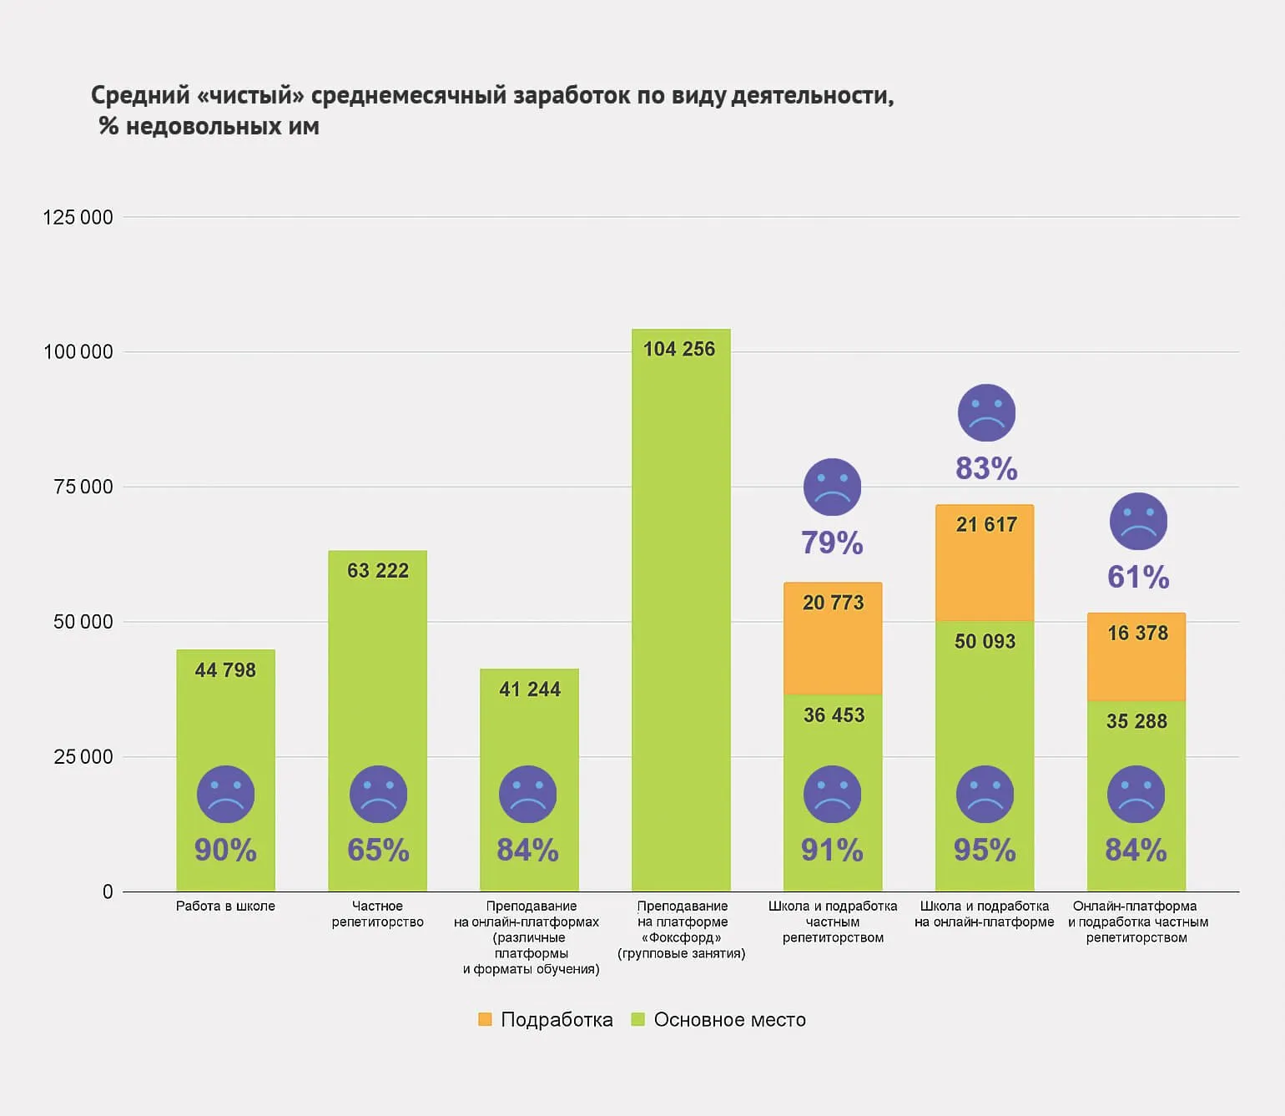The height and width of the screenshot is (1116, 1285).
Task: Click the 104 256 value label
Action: coord(678,349)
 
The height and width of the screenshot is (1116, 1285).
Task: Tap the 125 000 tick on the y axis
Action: coord(78,218)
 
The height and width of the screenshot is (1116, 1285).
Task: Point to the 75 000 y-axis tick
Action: coord(83,487)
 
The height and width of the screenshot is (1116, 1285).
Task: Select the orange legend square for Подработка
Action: coord(485,1019)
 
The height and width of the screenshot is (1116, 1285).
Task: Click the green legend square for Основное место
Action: coord(638,1019)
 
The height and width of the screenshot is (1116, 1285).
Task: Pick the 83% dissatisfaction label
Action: coord(986,468)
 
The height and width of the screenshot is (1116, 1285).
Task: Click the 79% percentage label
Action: coord(832,543)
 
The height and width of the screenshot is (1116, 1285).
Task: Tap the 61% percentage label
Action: coord(1138,577)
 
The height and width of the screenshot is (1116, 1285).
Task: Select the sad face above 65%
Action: coord(378,794)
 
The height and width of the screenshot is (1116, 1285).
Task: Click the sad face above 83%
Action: coord(986,412)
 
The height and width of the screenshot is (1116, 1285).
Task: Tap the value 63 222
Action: coord(378,571)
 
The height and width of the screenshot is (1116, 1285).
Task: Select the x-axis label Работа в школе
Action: coord(225,906)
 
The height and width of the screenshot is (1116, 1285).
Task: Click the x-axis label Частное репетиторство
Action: coord(377,914)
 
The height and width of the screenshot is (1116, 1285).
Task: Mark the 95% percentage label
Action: coord(985,850)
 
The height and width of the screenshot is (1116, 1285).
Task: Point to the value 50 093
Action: coord(985,641)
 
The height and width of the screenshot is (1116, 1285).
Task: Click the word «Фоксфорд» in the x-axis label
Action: coord(682,937)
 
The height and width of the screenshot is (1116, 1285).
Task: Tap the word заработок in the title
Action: coord(572,95)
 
